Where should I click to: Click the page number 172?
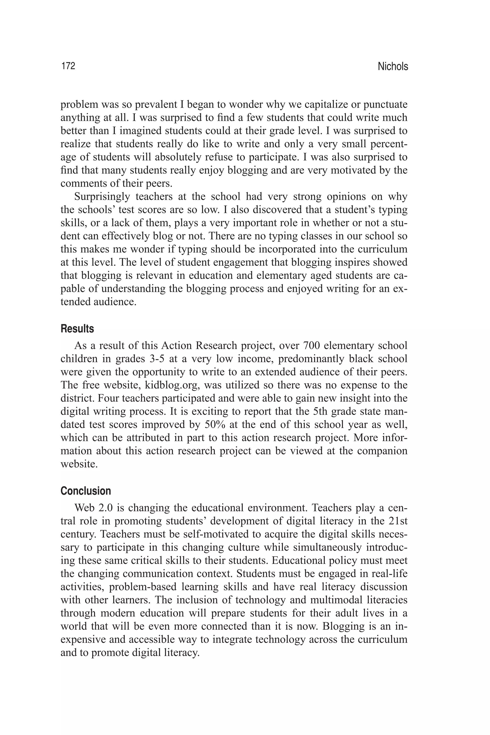click(68, 66)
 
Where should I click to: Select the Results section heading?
click(77, 329)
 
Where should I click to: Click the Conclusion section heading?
click(86, 491)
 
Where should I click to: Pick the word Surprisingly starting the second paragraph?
click(102, 197)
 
